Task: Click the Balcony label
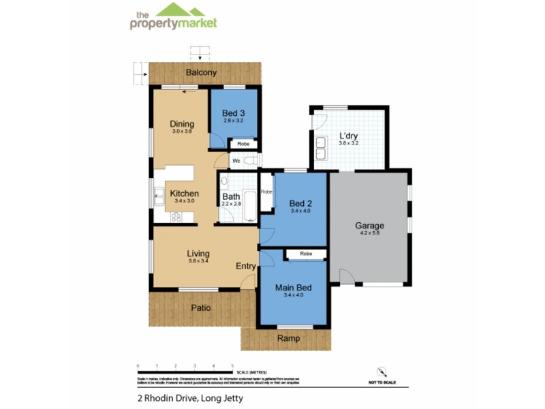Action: point(202,72)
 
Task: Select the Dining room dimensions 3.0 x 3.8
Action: point(183,131)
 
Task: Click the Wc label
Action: point(237,161)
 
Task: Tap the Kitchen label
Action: point(184,194)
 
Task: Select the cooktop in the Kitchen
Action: point(176,217)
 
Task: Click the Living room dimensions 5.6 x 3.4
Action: point(198,262)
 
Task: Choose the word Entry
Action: point(246,266)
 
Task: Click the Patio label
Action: point(200,308)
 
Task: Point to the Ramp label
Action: point(286,338)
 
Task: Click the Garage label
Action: point(370,226)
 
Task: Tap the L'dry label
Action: point(349,136)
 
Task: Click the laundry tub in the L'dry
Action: point(320,145)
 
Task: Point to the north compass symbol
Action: point(381,372)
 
